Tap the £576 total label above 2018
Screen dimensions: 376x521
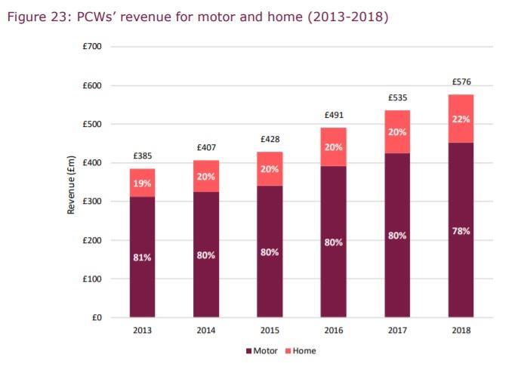coord(461,82)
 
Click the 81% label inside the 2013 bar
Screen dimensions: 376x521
coord(142,257)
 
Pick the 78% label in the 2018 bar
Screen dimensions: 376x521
coord(461,231)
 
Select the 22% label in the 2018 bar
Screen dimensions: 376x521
coord(461,119)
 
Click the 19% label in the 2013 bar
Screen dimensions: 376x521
coord(142,183)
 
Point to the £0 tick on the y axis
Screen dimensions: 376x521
coord(96,318)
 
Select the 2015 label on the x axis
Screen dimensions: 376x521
coord(270,331)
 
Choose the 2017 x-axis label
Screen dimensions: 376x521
coord(397,331)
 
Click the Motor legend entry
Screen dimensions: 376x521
coord(262,351)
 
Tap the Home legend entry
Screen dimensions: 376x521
coord(300,351)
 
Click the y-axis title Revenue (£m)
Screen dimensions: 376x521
coord(71,182)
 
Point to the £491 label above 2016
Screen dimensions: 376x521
coord(334,115)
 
